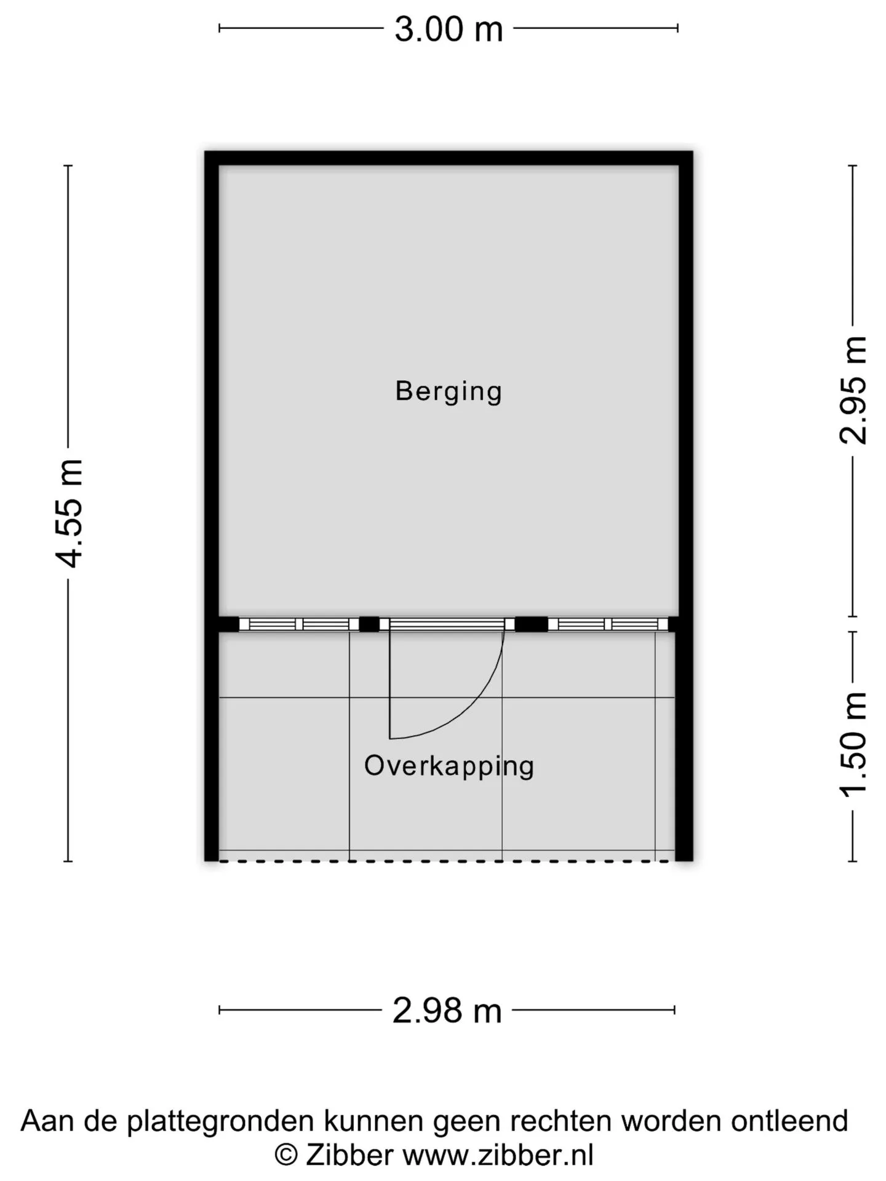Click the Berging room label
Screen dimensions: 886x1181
(449, 391)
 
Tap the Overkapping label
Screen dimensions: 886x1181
(449, 766)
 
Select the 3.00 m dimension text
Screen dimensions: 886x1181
(449, 29)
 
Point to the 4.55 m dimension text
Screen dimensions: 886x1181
(70, 513)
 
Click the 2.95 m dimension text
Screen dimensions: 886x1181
(853, 390)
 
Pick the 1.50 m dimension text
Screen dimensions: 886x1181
(853, 745)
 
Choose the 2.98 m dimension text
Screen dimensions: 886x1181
(447, 1011)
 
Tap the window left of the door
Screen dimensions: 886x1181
(298, 624)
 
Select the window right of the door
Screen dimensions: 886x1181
(608, 624)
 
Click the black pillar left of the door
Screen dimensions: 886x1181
(369, 624)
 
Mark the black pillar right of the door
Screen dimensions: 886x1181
(531, 624)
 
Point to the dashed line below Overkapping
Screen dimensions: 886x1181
(447, 861)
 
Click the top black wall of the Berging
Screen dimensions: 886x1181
(449, 158)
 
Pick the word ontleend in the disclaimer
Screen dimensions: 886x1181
(789, 1121)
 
